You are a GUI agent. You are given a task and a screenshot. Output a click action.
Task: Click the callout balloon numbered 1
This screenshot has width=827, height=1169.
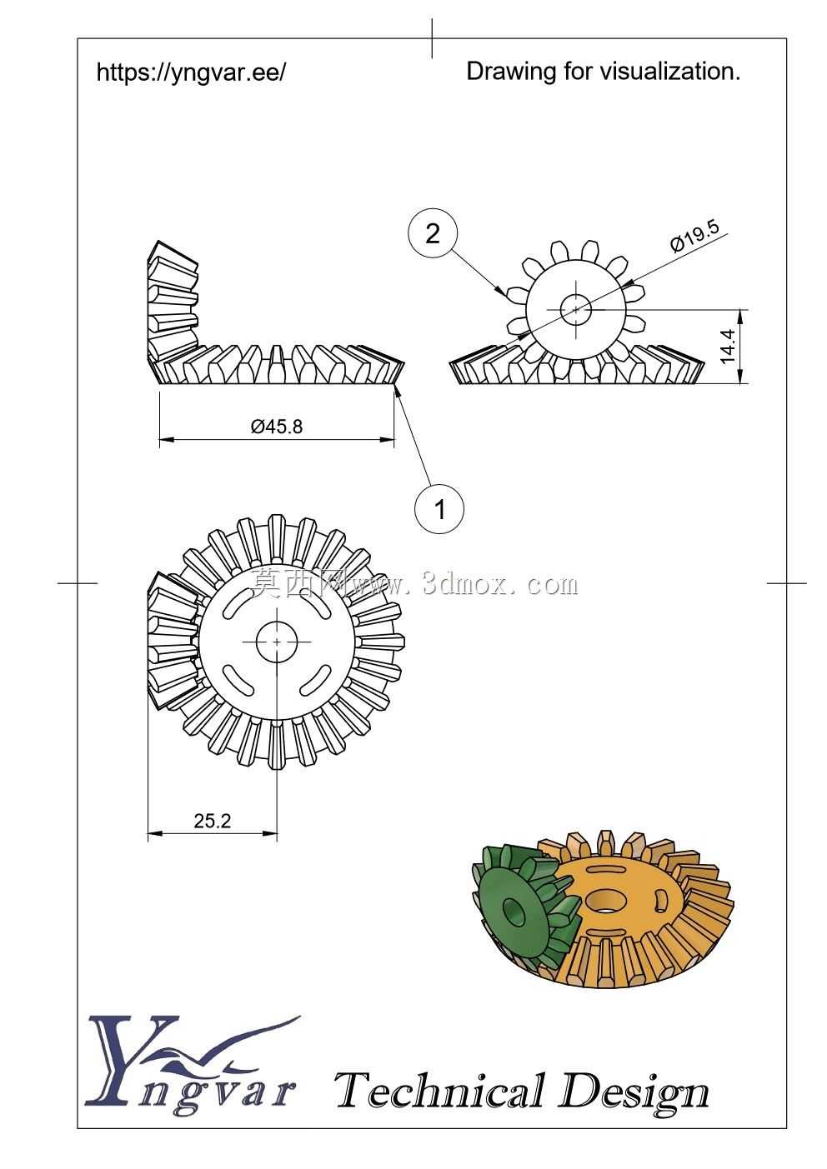(x=439, y=507)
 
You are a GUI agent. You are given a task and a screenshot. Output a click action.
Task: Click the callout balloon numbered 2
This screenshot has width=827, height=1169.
(x=433, y=233)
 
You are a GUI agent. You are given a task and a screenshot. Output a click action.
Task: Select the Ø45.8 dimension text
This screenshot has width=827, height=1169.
(x=277, y=427)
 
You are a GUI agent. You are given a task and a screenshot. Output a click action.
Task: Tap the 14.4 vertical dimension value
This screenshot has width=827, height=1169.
(x=727, y=346)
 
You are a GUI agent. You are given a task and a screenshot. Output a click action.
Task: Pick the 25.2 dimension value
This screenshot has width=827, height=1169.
(x=212, y=821)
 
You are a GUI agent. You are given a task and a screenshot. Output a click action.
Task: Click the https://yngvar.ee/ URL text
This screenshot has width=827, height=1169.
(x=191, y=72)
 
